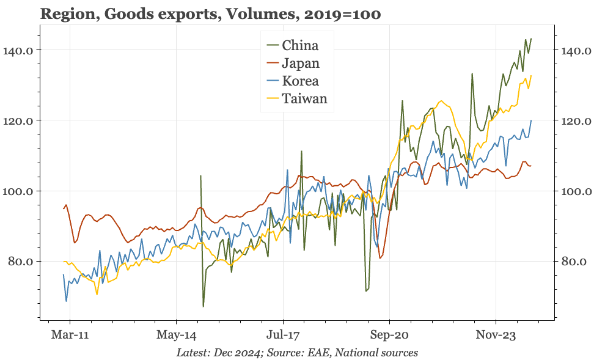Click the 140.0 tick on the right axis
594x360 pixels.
(575, 50)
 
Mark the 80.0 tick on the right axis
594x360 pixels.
(573, 262)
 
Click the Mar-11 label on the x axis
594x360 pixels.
(70, 335)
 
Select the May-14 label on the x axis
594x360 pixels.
(176, 335)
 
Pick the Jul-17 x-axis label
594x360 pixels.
(283, 335)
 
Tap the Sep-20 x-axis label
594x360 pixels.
(389, 335)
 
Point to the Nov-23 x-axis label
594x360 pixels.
(496, 335)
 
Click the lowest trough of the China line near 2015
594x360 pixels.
(204, 306)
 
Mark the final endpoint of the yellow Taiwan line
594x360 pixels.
(531, 76)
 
